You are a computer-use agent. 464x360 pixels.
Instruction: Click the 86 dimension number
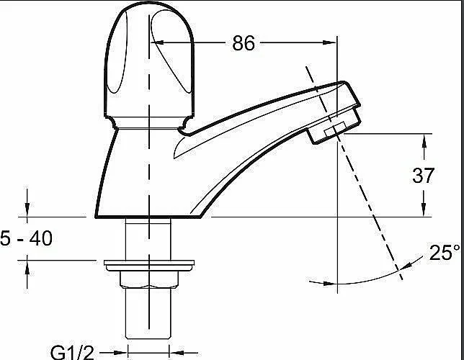[244, 43]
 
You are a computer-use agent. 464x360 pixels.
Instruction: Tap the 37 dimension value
[423, 175]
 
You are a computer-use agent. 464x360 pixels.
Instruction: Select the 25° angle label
[445, 252]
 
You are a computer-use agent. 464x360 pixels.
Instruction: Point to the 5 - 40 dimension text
[26, 238]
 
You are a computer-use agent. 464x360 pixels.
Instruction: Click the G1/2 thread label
[72, 352]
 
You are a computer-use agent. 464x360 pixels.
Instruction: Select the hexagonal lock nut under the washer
[149, 279]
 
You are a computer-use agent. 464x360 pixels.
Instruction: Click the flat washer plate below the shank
[149, 266]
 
